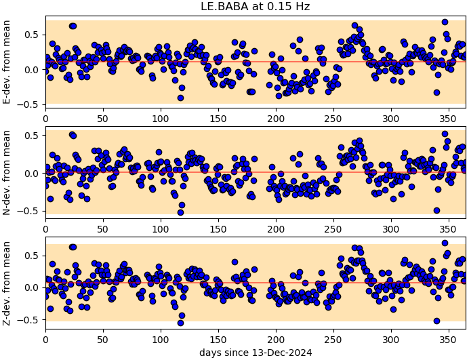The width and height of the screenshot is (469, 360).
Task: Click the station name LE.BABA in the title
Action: pyautogui.click(x=222, y=7)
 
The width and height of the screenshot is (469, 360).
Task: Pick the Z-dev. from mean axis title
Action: pyautogui.click(x=7, y=283)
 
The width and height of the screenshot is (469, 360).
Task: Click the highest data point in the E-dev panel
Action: pyautogui.click(x=445, y=22)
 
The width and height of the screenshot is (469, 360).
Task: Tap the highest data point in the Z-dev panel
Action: pyautogui.click(x=445, y=243)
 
